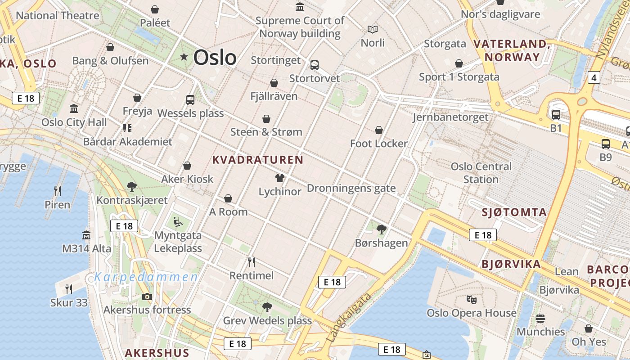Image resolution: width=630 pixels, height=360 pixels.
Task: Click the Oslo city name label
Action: click(x=215, y=58)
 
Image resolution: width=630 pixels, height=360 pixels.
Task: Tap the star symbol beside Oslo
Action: click(x=184, y=57)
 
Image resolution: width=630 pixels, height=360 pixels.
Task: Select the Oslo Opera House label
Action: click(x=471, y=313)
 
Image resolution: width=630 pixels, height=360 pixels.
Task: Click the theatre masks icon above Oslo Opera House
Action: click(x=471, y=299)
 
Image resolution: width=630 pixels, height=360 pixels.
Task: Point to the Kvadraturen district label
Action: click(x=257, y=160)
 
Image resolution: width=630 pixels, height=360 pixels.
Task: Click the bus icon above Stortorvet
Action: click(x=315, y=65)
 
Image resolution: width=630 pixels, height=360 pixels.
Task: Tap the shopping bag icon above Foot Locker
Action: click(x=379, y=130)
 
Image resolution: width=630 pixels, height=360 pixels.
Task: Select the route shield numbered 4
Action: click(x=594, y=78)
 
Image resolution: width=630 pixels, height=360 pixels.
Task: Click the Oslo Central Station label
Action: click(x=481, y=173)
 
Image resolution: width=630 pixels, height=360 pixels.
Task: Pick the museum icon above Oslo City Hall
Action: click(x=74, y=108)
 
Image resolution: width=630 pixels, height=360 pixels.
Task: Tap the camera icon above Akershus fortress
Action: click(x=147, y=297)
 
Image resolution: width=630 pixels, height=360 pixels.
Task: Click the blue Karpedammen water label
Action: click(x=146, y=277)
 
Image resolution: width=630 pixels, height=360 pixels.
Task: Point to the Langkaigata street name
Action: click(x=350, y=317)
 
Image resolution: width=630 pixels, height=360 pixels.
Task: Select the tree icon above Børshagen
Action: click(x=382, y=229)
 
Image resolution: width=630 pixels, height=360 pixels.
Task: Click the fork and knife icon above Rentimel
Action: click(x=252, y=262)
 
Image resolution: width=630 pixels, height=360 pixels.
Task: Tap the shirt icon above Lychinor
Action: click(x=280, y=178)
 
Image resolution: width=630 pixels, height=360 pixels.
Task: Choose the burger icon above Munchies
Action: click(x=540, y=319)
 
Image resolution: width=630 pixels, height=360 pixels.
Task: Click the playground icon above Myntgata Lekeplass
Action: click(x=178, y=222)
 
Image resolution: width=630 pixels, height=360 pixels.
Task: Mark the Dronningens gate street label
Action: click(x=351, y=188)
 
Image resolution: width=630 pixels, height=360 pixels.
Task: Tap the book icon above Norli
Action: click(x=373, y=30)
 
